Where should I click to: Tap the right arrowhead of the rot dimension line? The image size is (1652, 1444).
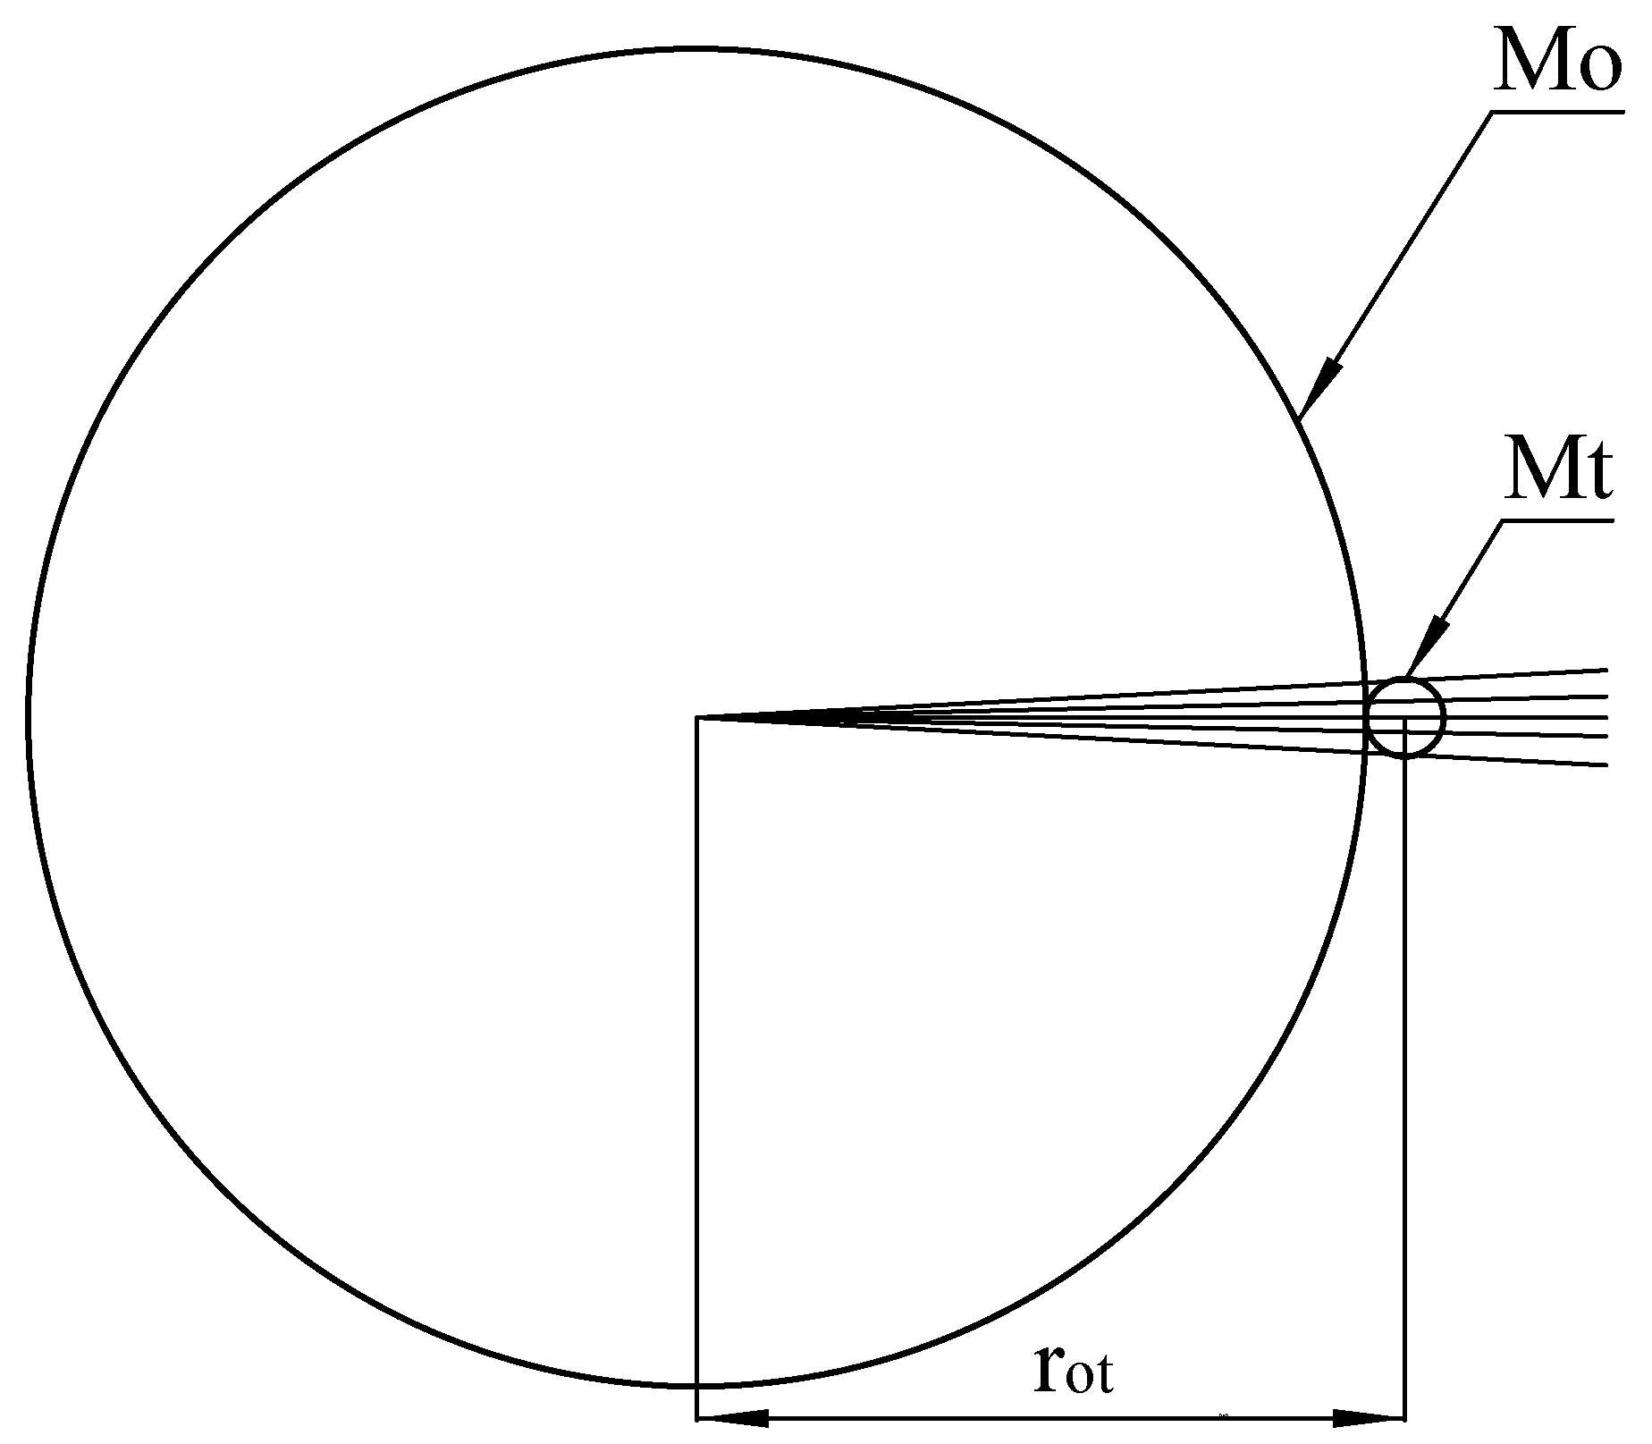point(1369,1418)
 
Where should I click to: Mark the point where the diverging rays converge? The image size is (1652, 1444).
point(697,717)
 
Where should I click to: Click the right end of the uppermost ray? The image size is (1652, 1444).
point(1608,669)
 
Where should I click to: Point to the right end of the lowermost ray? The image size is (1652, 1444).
point(1608,764)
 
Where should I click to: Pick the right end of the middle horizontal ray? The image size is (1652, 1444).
point(1608,717)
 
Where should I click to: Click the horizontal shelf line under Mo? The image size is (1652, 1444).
point(1556,112)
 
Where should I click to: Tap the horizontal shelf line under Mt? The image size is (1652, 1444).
point(1558,520)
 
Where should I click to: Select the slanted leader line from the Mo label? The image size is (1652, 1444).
point(1395,265)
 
